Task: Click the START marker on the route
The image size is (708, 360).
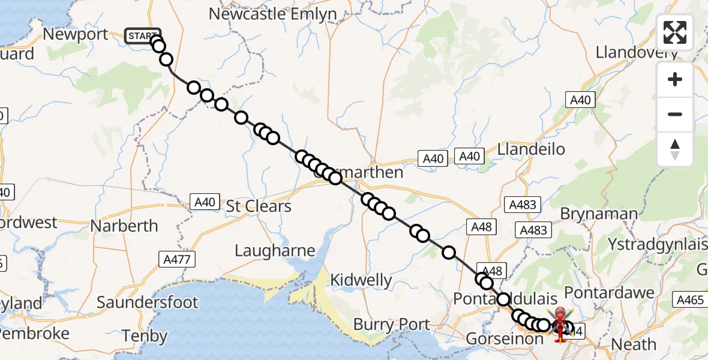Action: click(x=142, y=36)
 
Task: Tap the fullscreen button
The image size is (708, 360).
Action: click(x=675, y=32)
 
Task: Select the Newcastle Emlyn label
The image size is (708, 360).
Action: click(x=272, y=14)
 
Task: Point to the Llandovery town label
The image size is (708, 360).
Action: click(x=637, y=52)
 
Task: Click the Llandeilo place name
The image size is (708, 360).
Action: click(x=531, y=149)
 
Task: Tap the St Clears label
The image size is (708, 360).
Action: click(x=259, y=206)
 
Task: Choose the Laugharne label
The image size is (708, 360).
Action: click(x=275, y=250)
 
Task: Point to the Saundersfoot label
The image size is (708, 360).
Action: click(x=148, y=302)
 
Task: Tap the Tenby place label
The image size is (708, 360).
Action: click(x=144, y=335)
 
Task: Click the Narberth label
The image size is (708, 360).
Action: click(x=124, y=226)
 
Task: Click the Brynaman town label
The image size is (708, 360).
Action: click(x=598, y=214)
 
